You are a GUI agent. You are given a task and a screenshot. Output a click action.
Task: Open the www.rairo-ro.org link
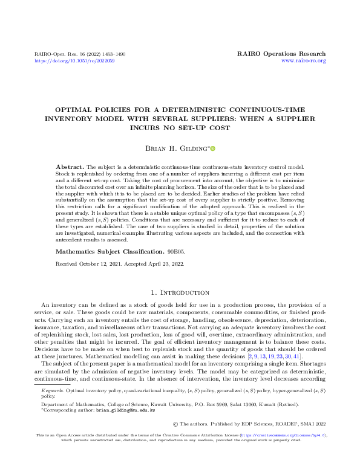point(304,61)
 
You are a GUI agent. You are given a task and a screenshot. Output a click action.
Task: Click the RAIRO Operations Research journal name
point(281,54)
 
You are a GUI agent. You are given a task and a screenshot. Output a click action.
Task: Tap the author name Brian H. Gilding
point(177,148)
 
